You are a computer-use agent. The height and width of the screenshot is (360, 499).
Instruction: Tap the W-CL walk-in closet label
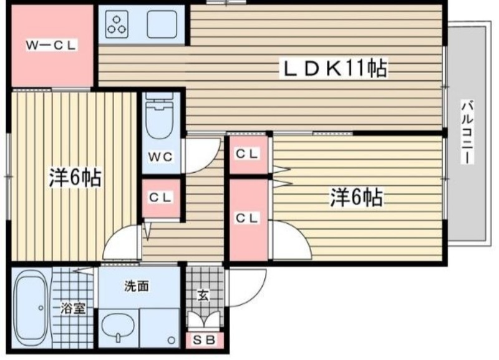(x=51, y=45)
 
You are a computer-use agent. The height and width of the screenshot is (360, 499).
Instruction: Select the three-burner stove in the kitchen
(x=117, y=24)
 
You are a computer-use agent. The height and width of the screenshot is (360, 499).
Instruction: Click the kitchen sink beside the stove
(x=162, y=24)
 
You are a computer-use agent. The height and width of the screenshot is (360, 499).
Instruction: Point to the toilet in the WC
(x=160, y=116)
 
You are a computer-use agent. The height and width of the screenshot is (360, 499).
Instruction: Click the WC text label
(x=161, y=157)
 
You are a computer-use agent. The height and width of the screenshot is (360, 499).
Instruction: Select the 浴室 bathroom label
(x=73, y=308)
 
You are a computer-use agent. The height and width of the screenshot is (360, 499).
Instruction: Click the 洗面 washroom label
(x=136, y=286)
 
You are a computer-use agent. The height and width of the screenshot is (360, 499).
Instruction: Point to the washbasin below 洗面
(x=118, y=328)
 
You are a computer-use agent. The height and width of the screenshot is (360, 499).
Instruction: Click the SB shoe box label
(x=204, y=340)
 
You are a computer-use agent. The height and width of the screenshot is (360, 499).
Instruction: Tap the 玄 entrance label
(x=203, y=295)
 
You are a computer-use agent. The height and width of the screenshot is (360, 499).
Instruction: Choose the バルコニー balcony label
(x=467, y=132)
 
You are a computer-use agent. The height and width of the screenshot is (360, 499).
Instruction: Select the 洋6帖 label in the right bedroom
(x=357, y=197)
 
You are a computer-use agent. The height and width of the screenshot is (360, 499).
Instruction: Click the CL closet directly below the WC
(x=161, y=198)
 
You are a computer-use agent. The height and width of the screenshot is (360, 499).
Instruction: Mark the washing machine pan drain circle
(x=172, y=340)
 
